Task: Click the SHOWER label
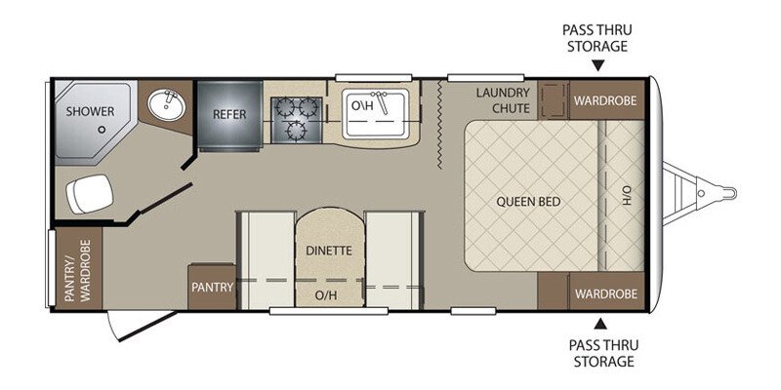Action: pos(90,111)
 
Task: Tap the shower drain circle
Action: pos(103,130)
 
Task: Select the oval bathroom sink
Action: pos(167,104)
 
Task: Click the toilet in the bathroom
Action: pos(90,193)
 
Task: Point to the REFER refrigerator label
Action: pos(229,114)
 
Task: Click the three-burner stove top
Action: pos(297,120)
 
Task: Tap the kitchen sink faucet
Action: pos(381,102)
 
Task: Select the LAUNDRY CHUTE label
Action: pos(503,100)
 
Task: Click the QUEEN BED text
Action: pos(528,202)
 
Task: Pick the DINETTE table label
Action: pos(329,251)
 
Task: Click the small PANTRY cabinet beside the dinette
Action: pos(212,287)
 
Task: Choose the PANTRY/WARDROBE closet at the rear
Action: pos(78,270)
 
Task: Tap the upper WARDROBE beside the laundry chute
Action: pos(605,100)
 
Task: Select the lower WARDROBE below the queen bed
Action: pos(606,293)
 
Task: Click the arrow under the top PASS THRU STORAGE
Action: pos(598,65)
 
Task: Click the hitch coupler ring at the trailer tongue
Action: pos(728,192)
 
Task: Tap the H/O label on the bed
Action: pos(627,195)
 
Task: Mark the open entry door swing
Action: pos(143,326)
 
